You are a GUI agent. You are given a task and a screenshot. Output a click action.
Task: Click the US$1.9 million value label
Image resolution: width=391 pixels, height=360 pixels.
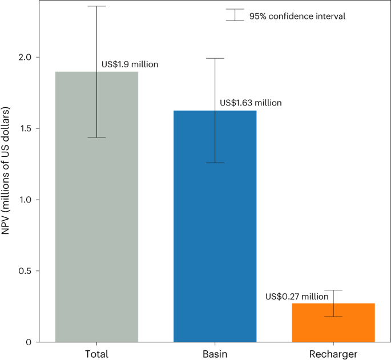point(130,64)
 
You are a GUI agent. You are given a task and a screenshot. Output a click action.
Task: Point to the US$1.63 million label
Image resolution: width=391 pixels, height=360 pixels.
point(251,103)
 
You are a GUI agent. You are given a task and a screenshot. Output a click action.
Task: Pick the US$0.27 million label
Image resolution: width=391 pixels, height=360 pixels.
point(297,297)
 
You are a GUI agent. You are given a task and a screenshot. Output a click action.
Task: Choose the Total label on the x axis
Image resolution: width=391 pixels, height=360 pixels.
point(96,354)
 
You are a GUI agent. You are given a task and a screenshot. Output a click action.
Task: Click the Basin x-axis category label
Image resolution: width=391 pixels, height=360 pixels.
point(215,354)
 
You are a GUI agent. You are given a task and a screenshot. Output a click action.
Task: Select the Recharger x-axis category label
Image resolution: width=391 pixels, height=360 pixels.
point(333,354)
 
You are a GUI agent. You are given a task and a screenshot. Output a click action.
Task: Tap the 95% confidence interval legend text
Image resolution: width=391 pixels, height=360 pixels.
point(297,17)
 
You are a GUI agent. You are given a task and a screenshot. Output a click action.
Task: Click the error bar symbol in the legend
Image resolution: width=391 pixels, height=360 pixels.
point(235,15)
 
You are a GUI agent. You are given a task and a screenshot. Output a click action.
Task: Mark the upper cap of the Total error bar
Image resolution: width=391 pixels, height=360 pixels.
point(96,6)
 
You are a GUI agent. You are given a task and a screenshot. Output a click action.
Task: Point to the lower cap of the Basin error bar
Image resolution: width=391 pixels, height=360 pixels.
point(215,163)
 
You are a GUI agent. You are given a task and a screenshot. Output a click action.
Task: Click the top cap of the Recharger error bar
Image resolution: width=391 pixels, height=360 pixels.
point(333,290)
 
